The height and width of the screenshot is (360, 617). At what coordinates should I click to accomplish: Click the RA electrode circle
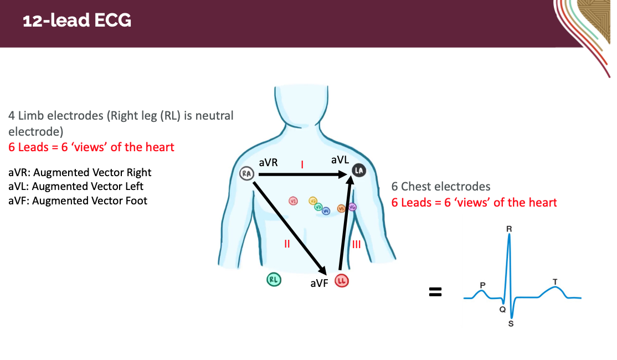[245, 174]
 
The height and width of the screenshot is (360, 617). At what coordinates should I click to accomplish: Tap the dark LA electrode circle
[358, 171]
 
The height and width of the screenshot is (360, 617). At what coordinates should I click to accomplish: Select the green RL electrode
[274, 280]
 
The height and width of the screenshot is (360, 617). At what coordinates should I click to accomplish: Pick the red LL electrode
[342, 281]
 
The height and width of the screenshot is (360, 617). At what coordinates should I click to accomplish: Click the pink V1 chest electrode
[294, 201]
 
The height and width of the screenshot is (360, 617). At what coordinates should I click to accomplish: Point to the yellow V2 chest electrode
[312, 201]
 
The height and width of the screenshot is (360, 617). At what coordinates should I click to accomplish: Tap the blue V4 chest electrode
[326, 210]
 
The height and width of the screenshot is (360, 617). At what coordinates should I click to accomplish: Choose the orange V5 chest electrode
[341, 208]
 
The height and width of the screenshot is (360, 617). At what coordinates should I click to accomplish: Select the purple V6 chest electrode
[352, 207]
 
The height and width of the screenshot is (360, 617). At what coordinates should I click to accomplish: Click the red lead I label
[302, 164]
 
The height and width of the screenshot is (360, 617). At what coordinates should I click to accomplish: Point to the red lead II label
[287, 243]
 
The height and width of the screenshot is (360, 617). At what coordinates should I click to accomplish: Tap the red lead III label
[357, 243]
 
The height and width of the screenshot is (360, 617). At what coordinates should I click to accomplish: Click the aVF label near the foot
[320, 284]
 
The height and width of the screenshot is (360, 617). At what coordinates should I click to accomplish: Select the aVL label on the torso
[340, 160]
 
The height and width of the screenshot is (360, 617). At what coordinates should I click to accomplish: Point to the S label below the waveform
[511, 324]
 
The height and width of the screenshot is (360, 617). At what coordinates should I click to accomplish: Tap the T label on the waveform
[555, 282]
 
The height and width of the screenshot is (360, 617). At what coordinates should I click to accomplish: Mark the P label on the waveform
[482, 285]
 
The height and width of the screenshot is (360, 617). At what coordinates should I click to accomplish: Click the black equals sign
[436, 292]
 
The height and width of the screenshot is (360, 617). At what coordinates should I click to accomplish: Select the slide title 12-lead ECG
[77, 21]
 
